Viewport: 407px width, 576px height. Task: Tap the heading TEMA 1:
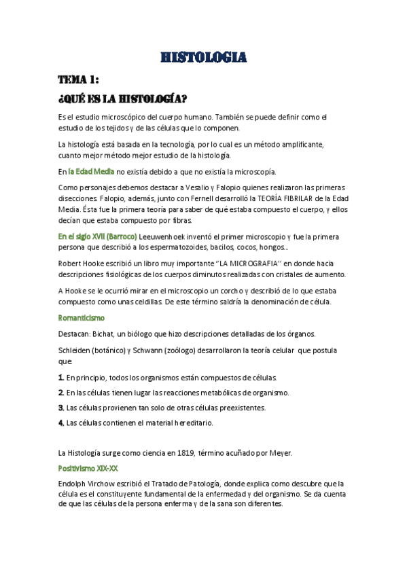click(x=79, y=79)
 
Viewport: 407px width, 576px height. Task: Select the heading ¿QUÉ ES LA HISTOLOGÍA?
click(x=122, y=98)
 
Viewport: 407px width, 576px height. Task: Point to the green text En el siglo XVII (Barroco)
click(x=97, y=236)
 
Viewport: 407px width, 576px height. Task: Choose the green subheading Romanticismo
click(x=82, y=317)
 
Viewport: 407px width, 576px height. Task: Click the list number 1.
click(x=61, y=377)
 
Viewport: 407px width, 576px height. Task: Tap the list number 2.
click(x=61, y=393)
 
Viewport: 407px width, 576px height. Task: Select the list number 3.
click(x=61, y=408)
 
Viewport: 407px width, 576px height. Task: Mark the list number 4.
click(x=61, y=423)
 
